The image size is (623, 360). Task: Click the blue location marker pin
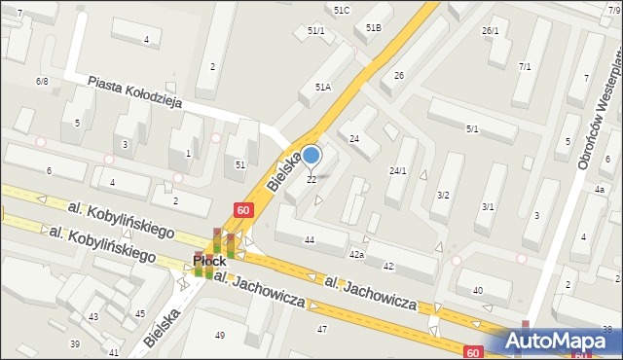pos(311,155)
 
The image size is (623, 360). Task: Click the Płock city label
pos(209,262)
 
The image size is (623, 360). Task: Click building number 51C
pos(342,10)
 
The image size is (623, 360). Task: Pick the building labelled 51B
pos(374,28)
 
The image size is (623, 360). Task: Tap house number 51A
pos(323,87)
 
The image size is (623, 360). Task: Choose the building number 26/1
pos(490,31)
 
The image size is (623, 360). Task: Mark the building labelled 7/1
pos(525,66)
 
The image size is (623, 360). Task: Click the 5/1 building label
pos(472,128)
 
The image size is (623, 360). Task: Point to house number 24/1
pos(397,171)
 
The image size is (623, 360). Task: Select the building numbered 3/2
pos(443,195)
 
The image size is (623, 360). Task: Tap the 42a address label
pos(357,254)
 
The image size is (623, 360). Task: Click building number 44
pos(310,239)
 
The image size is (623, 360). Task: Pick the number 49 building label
pos(219,336)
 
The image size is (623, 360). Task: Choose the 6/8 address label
pos(42,81)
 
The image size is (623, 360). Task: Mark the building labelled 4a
pos(601,189)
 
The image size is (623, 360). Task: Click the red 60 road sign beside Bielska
pos(242,209)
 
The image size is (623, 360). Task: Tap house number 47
pos(322,329)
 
